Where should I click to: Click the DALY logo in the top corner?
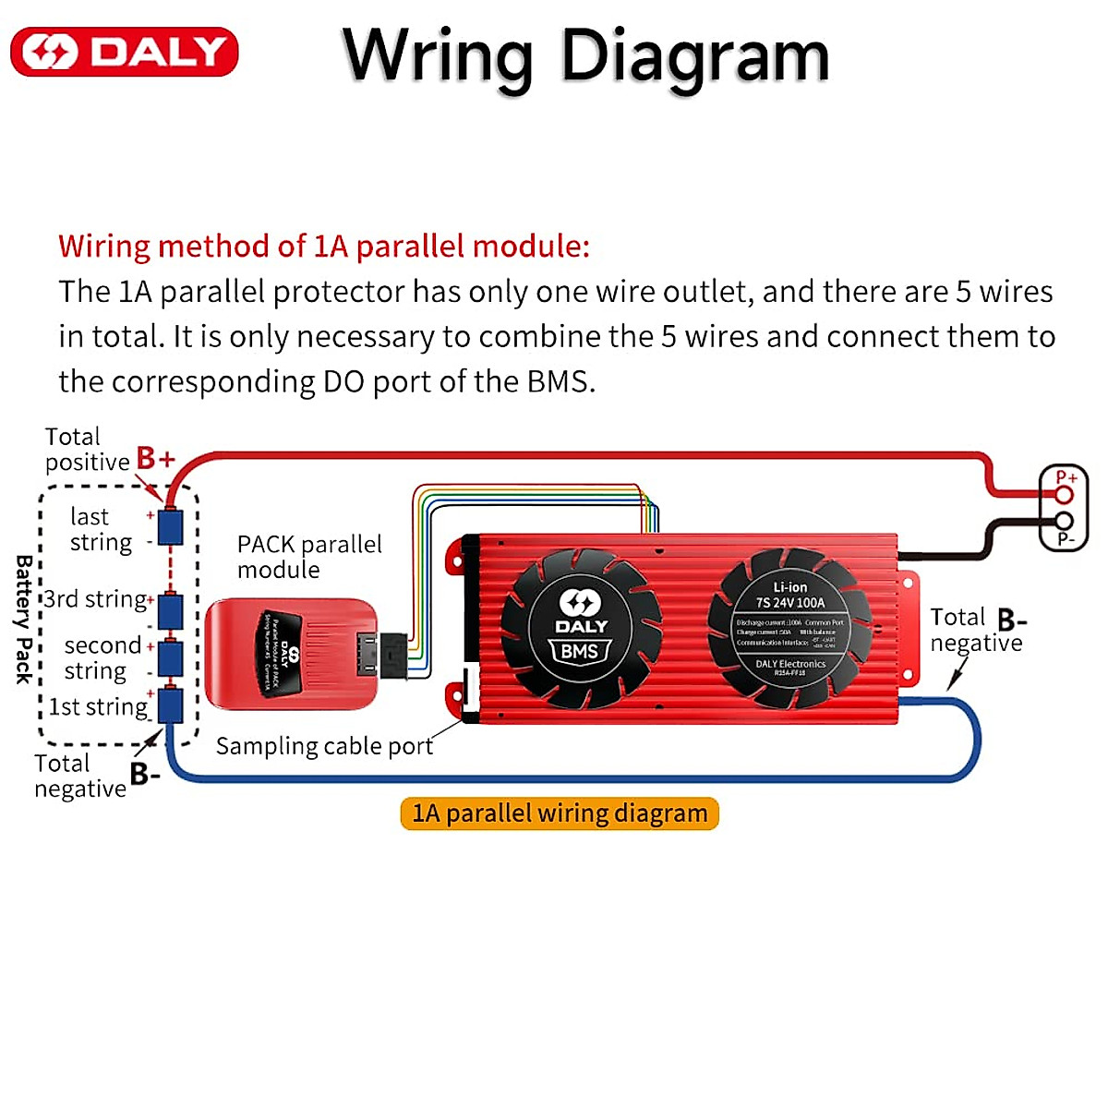[125, 52]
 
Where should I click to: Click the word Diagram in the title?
[694, 57]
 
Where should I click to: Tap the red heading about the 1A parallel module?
[324, 247]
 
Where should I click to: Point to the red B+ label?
[155, 458]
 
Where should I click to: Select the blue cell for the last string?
[170, 527]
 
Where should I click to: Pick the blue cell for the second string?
[170, 658]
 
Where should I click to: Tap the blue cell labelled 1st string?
[170, 705]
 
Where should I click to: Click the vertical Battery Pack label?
[24, 619]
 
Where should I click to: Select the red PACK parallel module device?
[290, 654]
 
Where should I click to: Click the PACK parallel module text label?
[308, 557]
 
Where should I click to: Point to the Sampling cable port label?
[324, 746]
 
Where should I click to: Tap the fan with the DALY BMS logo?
[581, 629]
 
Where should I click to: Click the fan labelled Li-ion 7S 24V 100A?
[789, 629]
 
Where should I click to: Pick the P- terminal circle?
[1064, 523]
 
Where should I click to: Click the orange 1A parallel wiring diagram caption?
[560, 813]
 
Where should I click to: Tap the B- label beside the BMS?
[1012, 620]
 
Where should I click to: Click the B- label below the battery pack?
[145, 774]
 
